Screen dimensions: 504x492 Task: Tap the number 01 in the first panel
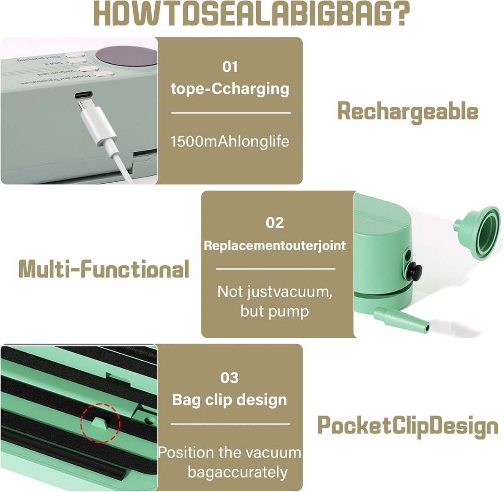tap(230, 67)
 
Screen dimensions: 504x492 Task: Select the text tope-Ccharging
tap(230, 89)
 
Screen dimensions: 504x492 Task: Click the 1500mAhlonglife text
tap(230, 141)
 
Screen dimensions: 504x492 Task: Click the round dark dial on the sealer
tap(126, 55)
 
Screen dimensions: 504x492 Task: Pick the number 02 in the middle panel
tap(275, 222)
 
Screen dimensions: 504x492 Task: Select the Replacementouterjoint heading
tap(275, 245)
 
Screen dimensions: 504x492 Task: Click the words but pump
tap(275, 311)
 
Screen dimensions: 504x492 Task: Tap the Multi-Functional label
tap(104, 269)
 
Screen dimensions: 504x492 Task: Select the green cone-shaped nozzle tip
tap(401, 319)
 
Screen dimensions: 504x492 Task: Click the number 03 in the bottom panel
tap(229, 377)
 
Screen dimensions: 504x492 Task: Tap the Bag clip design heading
tap(229, 400)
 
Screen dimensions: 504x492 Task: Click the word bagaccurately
tap(237, 472)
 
